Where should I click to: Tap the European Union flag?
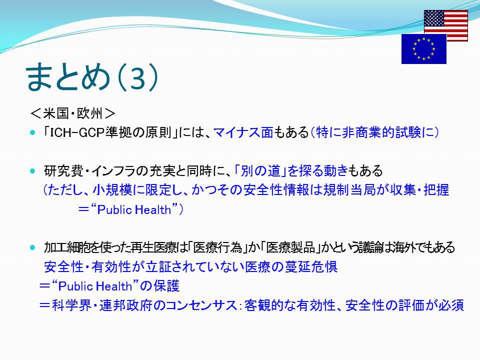point(424,48)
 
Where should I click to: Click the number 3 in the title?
point(138,77)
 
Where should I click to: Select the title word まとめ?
point(67,76)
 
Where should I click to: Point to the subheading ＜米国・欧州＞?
point(73,114)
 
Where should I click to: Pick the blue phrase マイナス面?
point(243,132)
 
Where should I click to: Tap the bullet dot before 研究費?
point(33,171)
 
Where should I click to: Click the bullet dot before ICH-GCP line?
point(33,133)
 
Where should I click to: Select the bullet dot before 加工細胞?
point(33,247)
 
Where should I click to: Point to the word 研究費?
point(63,171)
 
